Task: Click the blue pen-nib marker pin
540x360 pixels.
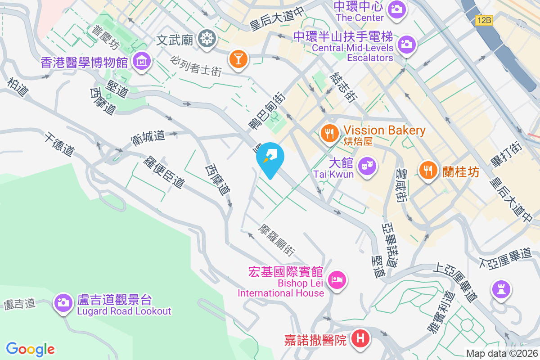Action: (x=270, y=159)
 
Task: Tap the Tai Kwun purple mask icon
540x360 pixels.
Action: (x=368, y=166)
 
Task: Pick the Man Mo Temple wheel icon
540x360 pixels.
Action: (x=207, y=39)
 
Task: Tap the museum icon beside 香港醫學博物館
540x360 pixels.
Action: (x=141, y=61)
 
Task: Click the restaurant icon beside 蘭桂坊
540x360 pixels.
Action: (x=428, y=171)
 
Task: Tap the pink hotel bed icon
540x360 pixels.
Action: (x=337, y=280)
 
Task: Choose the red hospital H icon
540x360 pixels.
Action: (x=360, y=338)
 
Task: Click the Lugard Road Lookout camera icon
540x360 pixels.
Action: (x=63, y=302)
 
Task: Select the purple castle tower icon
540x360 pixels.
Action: (x=501, y=288)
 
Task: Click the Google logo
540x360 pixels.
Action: (x=31, y=349)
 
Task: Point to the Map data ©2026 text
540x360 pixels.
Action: (x=502, y=353)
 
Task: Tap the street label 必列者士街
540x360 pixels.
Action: (x=196, y=66)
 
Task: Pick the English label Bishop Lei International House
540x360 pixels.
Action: (x=281, y=288)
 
